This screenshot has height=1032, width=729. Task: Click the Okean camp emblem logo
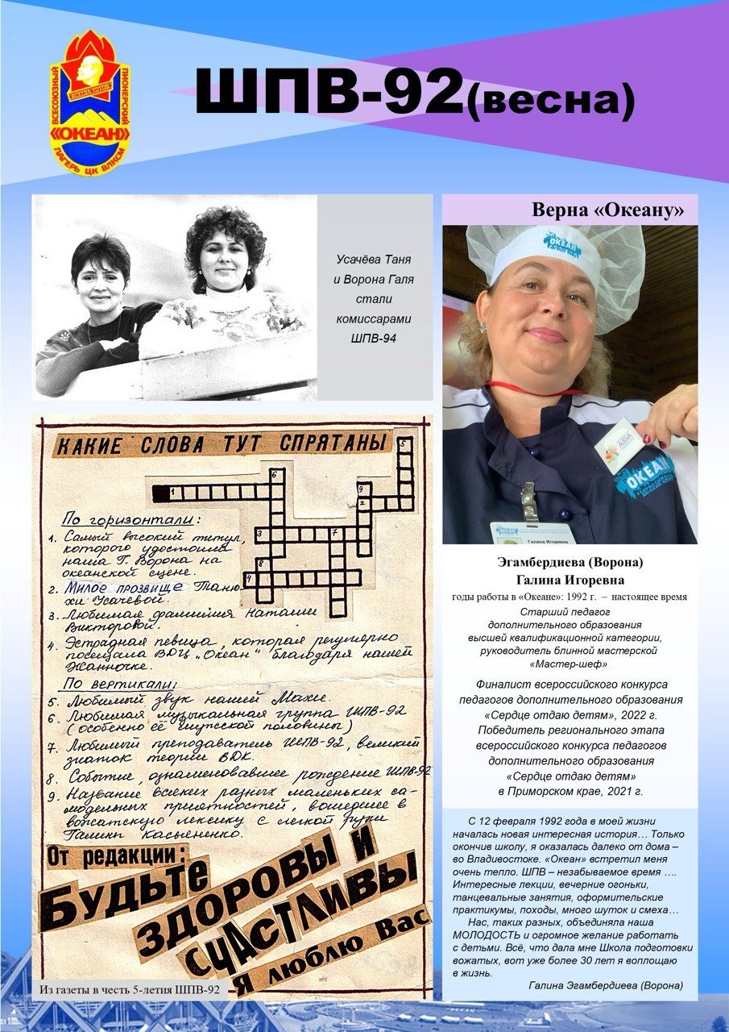point(89,103)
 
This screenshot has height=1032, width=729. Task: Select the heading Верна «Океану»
point(608,211)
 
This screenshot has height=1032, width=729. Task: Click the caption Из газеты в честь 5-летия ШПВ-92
point(130,988)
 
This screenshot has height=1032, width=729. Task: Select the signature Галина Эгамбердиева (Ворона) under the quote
point(606,985)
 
